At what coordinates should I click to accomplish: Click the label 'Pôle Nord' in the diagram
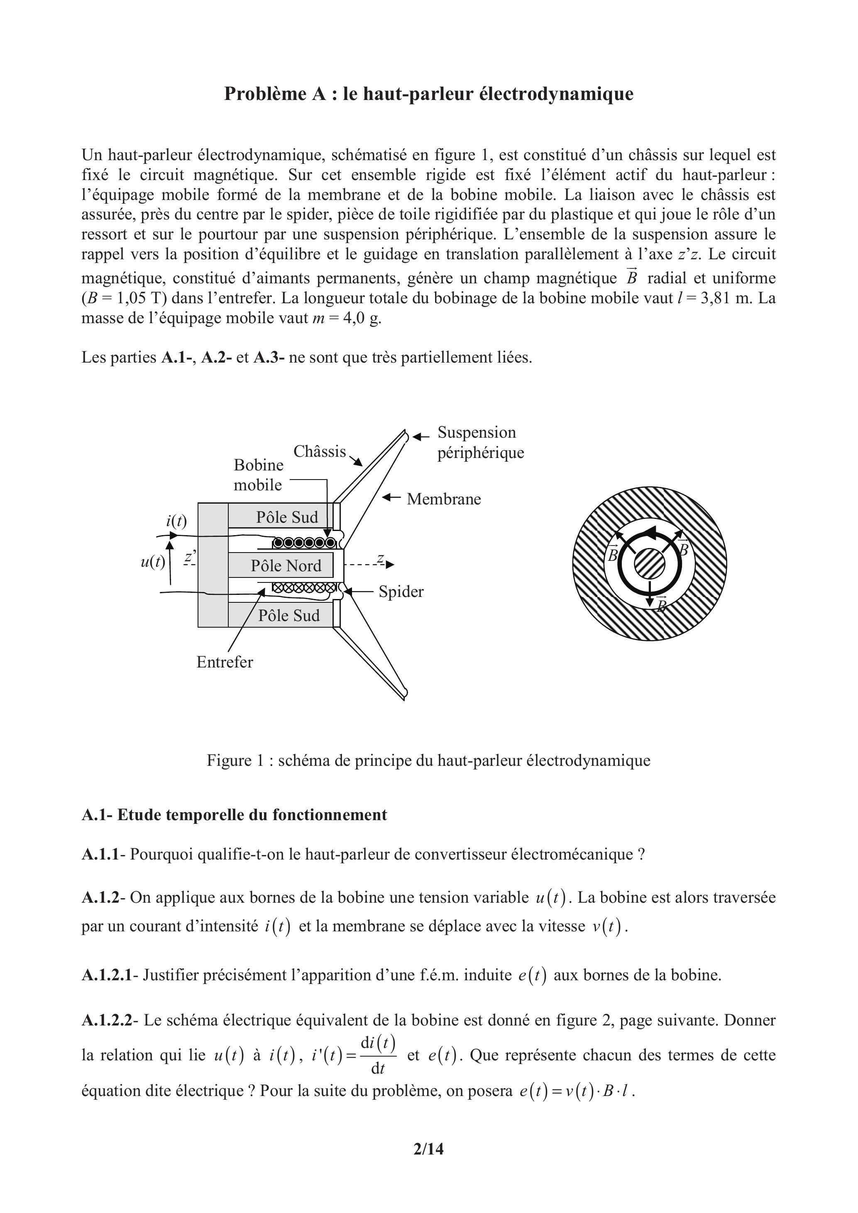coord(286,566)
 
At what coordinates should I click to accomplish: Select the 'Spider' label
coord(401,591)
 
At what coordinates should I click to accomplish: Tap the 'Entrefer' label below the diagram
coord(225,662)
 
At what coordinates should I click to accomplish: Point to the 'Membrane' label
coord(444,499)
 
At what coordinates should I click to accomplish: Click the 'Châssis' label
coord(319,451)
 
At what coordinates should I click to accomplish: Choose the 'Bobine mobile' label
coord(259,475)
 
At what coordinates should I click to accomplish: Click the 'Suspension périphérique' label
coord(480,442)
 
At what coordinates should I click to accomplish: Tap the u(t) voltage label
coord(153,562)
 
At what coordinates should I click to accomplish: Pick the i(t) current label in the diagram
coord(176,521)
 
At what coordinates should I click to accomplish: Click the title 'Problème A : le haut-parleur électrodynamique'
coord(429,93)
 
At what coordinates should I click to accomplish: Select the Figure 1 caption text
coord(428,760)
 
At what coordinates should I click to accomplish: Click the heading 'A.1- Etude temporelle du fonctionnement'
coord(234,815)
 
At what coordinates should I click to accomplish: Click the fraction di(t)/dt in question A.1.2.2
coord(378,1055)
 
